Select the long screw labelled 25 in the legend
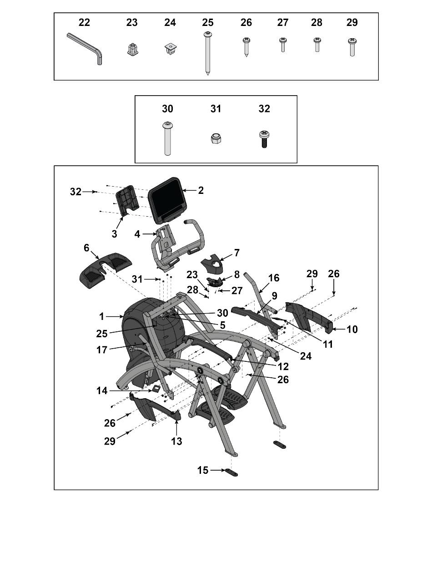[208, 53]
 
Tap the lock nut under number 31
[216, 138]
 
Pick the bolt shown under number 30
[167, 139]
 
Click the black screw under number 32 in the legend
[264, 139]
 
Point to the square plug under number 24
[170, 48]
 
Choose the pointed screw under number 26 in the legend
[246, 47]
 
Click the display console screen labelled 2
[167, 200]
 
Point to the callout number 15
[203, 470]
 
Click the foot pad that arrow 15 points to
[231, 472]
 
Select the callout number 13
[176, 441]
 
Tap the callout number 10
[352, 330]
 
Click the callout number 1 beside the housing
[101, 316]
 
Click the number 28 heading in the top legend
[316, 22]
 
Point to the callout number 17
[101, 350]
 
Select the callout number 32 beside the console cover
[76, 192]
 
